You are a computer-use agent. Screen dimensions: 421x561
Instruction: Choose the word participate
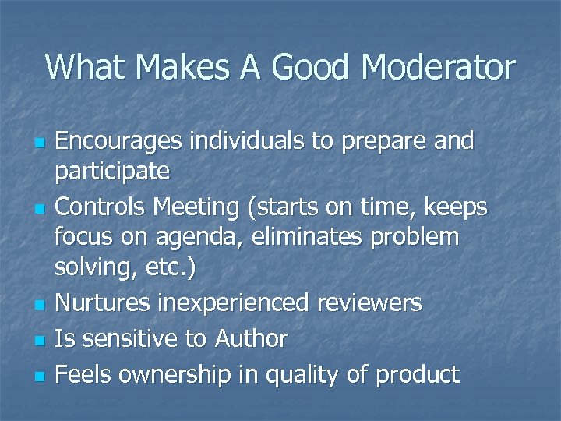pos(112,170)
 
